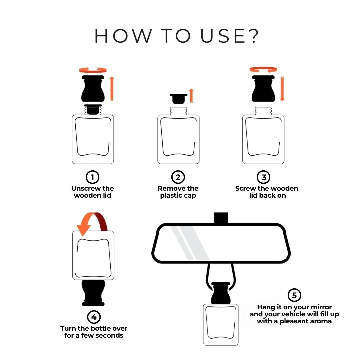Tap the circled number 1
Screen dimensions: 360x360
click(x=93, y=177)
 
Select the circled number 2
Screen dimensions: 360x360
click(x=178, y=177)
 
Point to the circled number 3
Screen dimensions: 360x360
click(x=264, y=177)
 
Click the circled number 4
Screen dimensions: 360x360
click(x=94, y=316)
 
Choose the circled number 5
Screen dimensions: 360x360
click(x=294, y=295)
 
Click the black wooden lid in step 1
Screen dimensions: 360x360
click(x=93, y=89)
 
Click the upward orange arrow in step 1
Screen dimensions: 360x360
click(x=112, y=88)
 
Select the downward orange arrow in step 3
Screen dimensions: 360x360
click(x=282, y=88)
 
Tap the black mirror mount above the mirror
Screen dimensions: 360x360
click(x=221, y=218)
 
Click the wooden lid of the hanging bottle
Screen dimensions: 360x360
click(x=221, y=292)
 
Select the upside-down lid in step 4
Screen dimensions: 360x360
click(x=93, y=293)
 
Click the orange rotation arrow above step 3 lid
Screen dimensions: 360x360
click(x=263, y=69)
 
